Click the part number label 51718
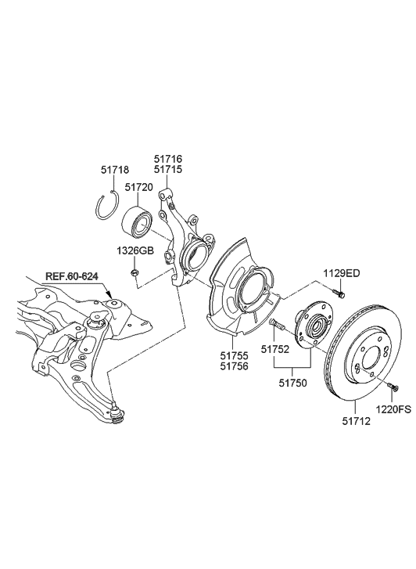tap(114, 170)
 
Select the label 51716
tap(169, 157)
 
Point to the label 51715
tap(169, 169)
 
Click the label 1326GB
tap(134, 250)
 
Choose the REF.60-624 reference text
tap(70, 276)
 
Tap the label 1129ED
tap(342, 273)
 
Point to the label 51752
tap(275, 350)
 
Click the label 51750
tap(295, 384)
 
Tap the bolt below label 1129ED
tap(338, 294)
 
